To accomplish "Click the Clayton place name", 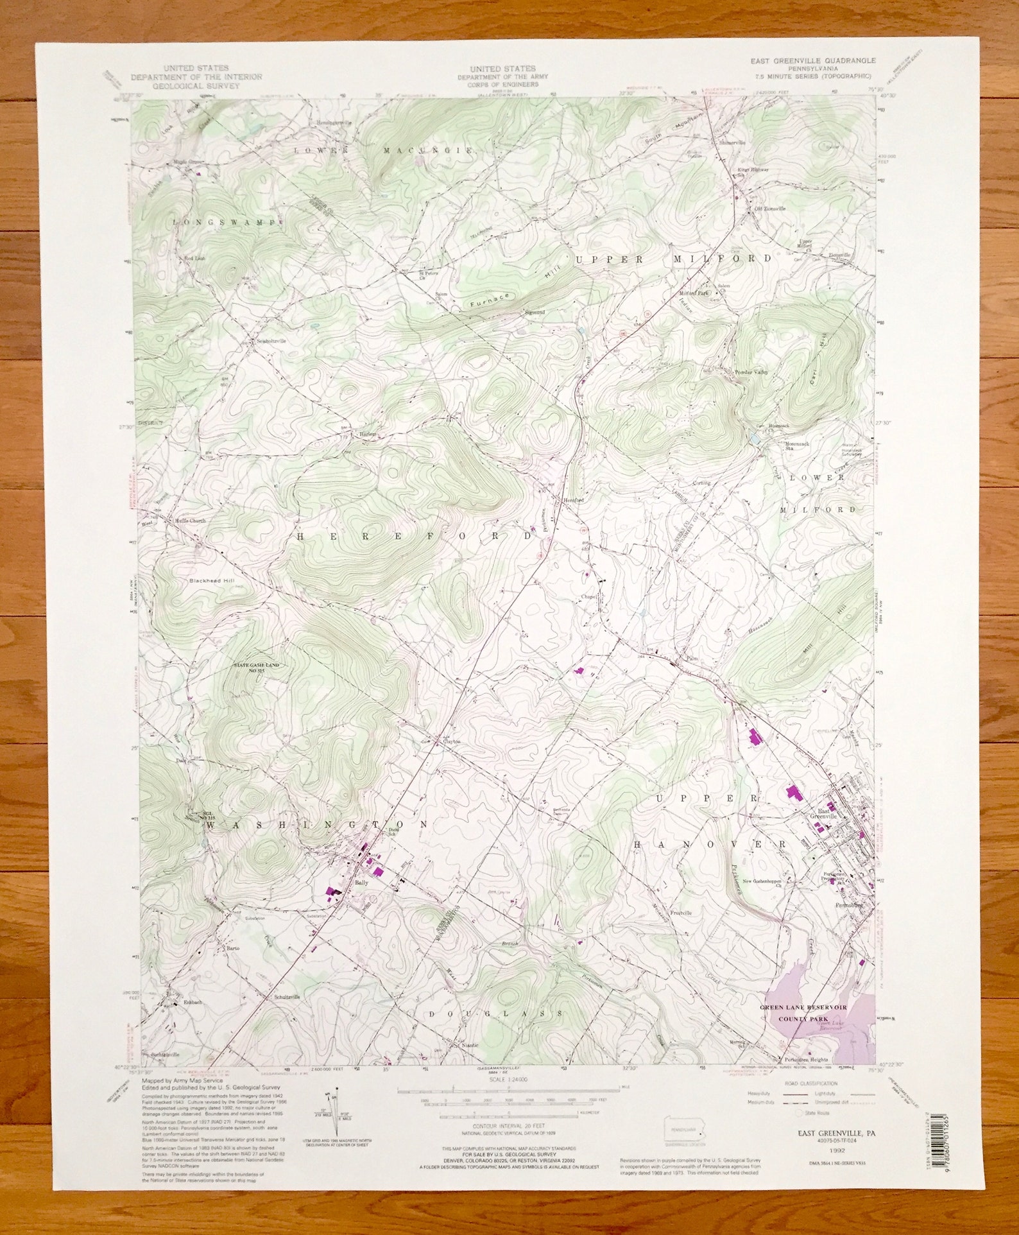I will pos(452,741).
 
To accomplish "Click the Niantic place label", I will pos(471,1044).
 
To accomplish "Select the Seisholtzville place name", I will pos(271,341).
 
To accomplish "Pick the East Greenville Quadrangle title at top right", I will pos(813,60).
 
